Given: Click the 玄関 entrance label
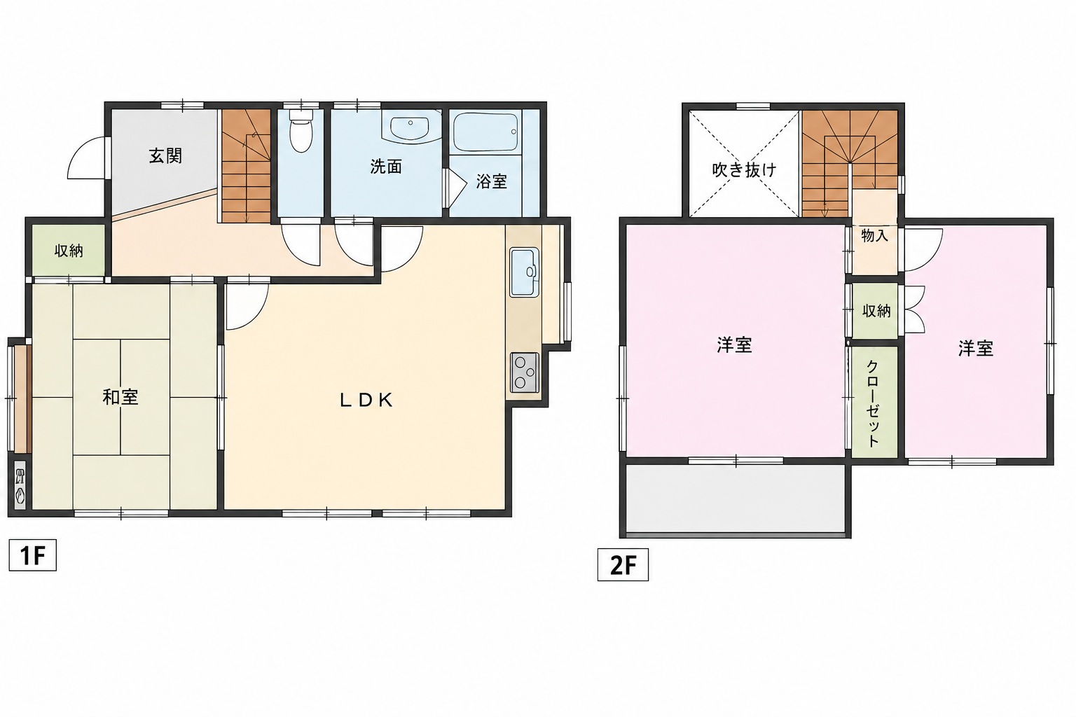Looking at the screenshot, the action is click(x=165, y=156).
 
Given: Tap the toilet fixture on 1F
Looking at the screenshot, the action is click(x=301, y=130).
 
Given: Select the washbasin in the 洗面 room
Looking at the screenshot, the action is click(x=411, y=127).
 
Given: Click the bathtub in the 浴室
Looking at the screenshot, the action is click(x=485, y=132).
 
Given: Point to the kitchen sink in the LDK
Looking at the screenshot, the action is click(x=524, y=272).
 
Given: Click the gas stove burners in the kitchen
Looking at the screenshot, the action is click(x=525, y=373).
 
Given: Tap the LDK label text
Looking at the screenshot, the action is click(x=366, y=400).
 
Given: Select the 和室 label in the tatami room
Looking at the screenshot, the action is click(x=120, y=397).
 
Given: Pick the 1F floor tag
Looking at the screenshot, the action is click(x=33, y=556).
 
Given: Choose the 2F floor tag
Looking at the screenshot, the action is click(x=623, y=565).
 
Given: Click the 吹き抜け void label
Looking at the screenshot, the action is click(x=743, y=169).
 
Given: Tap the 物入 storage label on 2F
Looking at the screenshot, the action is click(x=874, y=235).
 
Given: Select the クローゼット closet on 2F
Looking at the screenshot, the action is click(x=874, y=403).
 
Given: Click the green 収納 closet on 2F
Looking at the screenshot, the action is click(x=875, y=311).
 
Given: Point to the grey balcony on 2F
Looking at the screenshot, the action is click(x=736, y=499).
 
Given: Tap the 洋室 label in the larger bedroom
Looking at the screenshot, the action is click(x=734, y=345).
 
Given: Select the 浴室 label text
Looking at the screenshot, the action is click(x=491, y=181).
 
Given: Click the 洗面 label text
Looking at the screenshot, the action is click(x=386, y=167).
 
